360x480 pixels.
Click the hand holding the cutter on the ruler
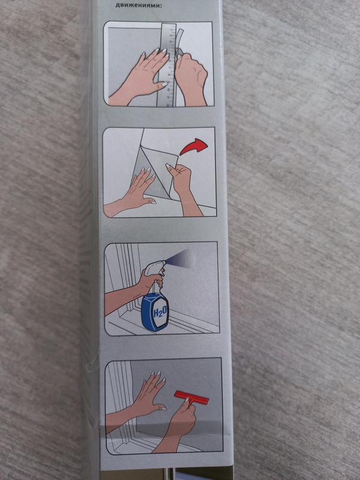pyautogui.click(x=191, y=75)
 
